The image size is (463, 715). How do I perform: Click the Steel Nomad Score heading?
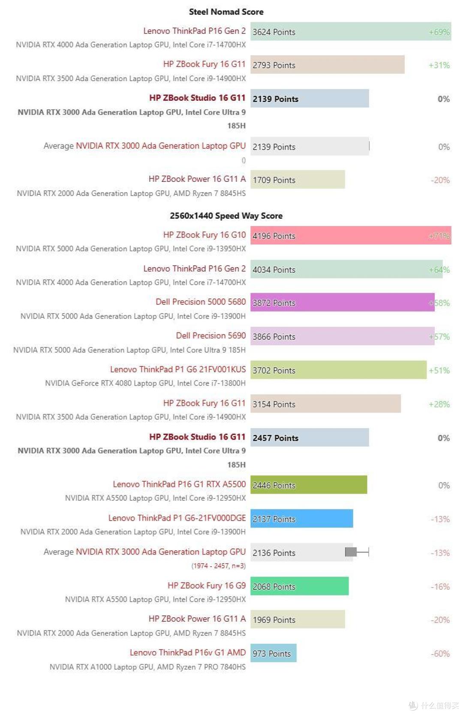(226, 12)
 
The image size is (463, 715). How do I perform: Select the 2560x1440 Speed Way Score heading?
(226, 216)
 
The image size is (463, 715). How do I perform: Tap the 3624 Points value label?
(274, 32)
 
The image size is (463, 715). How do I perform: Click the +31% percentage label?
(439, 65)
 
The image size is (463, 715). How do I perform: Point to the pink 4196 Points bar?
(351, 235)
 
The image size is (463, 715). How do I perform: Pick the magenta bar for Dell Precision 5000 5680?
(343, 302)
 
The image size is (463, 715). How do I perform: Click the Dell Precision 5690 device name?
(211, 335)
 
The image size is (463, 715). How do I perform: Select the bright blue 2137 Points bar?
(301, 519)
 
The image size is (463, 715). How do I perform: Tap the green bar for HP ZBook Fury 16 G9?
(299, 586)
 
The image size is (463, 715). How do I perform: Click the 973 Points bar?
(274, 653)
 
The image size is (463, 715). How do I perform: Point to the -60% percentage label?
(440, 654)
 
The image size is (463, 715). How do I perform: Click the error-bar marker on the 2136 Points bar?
(357, 552)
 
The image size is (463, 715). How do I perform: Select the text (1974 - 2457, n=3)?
(219, 566)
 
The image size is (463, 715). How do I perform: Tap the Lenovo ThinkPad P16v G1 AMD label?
(188, 652)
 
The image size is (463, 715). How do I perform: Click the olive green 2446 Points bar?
(309, 485)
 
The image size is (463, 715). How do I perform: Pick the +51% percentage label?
(439, 371)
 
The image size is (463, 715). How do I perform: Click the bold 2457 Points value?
(275, 438)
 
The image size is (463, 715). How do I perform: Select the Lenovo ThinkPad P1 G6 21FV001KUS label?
(178, 369)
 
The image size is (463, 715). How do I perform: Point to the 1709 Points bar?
(298, 179)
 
